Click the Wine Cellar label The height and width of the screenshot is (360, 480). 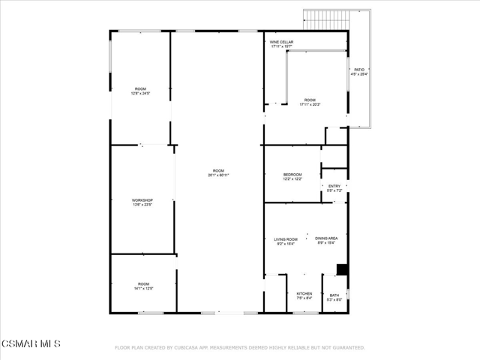click(x=282, y=42)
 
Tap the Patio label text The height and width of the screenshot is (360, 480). click(x=359, y=70)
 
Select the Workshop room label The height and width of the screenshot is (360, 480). click(x=142, y=200)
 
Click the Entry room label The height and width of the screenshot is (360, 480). click(x=334, y=186)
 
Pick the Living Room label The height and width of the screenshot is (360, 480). click(x=286, y=239)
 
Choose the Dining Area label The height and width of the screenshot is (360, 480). click(x=326, y=238)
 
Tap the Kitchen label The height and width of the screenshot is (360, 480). click(x=304, y=293)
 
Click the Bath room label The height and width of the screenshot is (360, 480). click(x=334, y=295)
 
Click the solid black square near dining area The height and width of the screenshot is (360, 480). click(x=342, y=269)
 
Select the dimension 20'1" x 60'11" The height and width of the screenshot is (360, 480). click(x=218, y=175)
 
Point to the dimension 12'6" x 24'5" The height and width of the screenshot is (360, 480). click(x=140, y=94)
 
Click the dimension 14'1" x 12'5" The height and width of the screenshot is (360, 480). click(x=143, y=289)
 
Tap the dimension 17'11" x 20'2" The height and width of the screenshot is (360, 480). click(x=310, y=104)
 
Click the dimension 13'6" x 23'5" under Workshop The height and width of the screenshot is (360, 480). click(x=142, y=205)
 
